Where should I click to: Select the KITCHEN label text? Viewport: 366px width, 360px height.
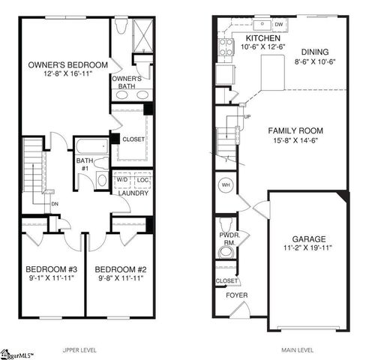[262, 37]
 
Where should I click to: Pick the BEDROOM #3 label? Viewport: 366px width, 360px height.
[52, 269]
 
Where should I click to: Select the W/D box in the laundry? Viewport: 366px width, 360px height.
[121, 180]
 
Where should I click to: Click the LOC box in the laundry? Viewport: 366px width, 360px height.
[143, 180]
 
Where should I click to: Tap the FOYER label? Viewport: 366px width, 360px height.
[238, 295]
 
